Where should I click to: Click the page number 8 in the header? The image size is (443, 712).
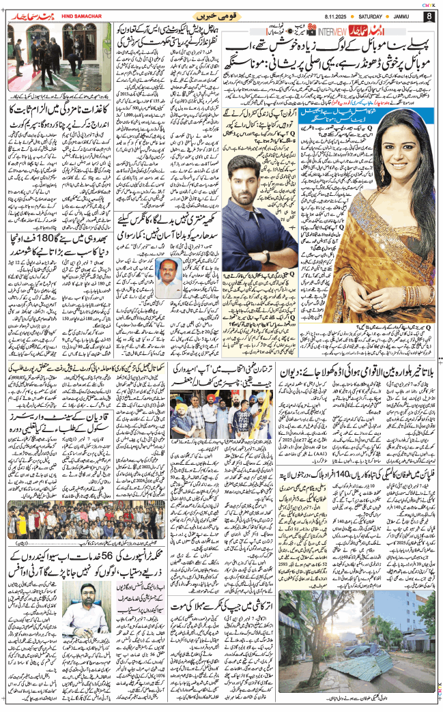point(429,16)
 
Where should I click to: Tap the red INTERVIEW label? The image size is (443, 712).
point(333,30)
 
